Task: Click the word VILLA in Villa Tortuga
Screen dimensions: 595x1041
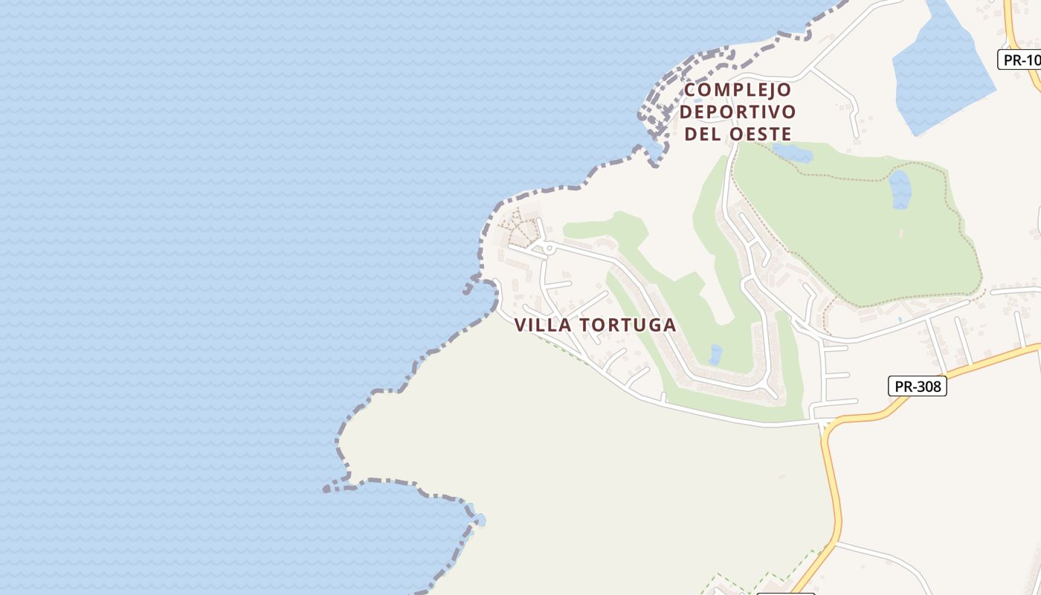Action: pos(543,325)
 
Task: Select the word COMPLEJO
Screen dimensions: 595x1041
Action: pos(738,90)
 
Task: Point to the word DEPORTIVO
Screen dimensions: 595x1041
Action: pos(738,112)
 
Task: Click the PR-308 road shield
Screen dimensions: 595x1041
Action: pos(918,387)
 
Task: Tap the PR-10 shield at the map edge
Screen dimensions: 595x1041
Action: pos(1020,60)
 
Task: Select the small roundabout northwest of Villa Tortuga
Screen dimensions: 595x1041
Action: pos(549,246)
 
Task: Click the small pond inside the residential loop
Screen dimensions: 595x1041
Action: pos(715,354)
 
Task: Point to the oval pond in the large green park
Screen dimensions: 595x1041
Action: pos(900,189)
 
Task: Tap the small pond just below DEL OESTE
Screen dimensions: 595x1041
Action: pos(793,153)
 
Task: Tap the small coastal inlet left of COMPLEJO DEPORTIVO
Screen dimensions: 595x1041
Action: pos(654,152)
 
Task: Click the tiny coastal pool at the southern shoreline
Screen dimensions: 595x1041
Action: pos(477,518)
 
